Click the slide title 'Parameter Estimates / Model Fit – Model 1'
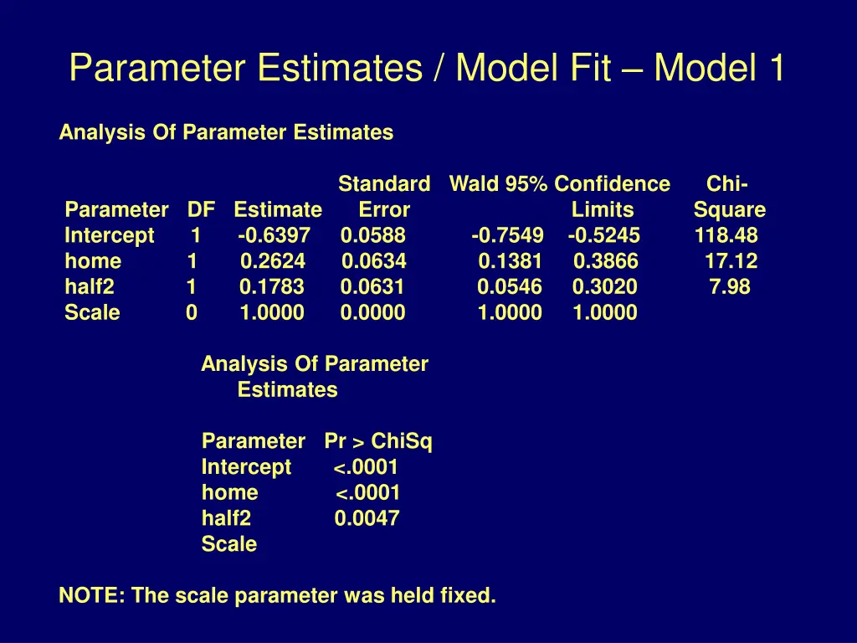pyautogui.click(x=427, y=68)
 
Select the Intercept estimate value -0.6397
pyautogui.click(x=274, y=236)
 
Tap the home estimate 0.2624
pyautogui.click(x=273, y=262)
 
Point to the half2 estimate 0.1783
pyautogui.click(x=272, y=288)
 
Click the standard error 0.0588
pyautogui.click(x=373, y=236)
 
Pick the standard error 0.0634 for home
pyautogui.click(x=374, y=262)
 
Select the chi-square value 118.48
pyautogui.click(x=726, y=236)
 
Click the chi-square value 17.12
pyautogui.click(x=731, y=262)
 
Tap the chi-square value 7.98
pyautogui.click(x=730, y=288)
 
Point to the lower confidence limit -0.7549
pyautogui.click(x=507, y=236)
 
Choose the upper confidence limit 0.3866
pyautogui.click(x=606, y=262)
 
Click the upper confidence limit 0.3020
pyautogui.click(x=605, y=288)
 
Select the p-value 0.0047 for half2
pyautogui.click(x=367, y=519)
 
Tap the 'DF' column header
pyautogui.click(x=201, y=210)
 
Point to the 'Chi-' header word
pyautogui.click(x=727, y=184)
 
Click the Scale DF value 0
pyautogui.click(x=192, y=314)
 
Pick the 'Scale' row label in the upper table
pyautogui.click(x=92, y=314)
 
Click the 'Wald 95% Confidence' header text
pyautogui.click(x=560, y=184)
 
